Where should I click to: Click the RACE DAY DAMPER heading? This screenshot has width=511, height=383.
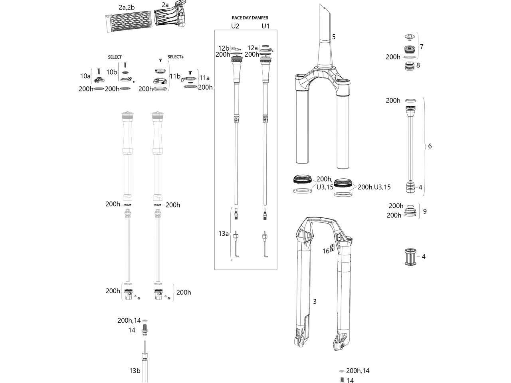point(250,18)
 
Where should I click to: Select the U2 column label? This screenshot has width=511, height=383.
point(235,26)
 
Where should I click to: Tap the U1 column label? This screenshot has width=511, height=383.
point(265,26)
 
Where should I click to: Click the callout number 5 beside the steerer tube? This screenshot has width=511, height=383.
point(334,37)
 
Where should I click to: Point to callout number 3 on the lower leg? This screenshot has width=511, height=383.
point(315,302)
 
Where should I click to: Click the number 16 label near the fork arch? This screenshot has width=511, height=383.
point(326,251)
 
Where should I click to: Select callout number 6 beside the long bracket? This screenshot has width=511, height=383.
point(430,146)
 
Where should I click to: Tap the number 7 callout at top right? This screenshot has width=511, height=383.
point(422,47)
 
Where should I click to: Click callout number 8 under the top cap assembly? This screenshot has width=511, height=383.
point(418,65)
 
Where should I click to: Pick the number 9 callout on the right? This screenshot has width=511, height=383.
point(424,211)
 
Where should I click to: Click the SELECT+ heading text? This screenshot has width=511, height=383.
point(176,57)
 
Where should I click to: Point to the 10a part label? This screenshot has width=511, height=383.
point(85,75)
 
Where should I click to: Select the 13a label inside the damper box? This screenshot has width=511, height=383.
point(224,234)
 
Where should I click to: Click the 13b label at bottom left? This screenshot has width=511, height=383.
point(135,371)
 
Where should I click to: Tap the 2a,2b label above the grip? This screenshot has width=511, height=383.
point(127,8)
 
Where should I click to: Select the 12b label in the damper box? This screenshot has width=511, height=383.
point(224,48)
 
